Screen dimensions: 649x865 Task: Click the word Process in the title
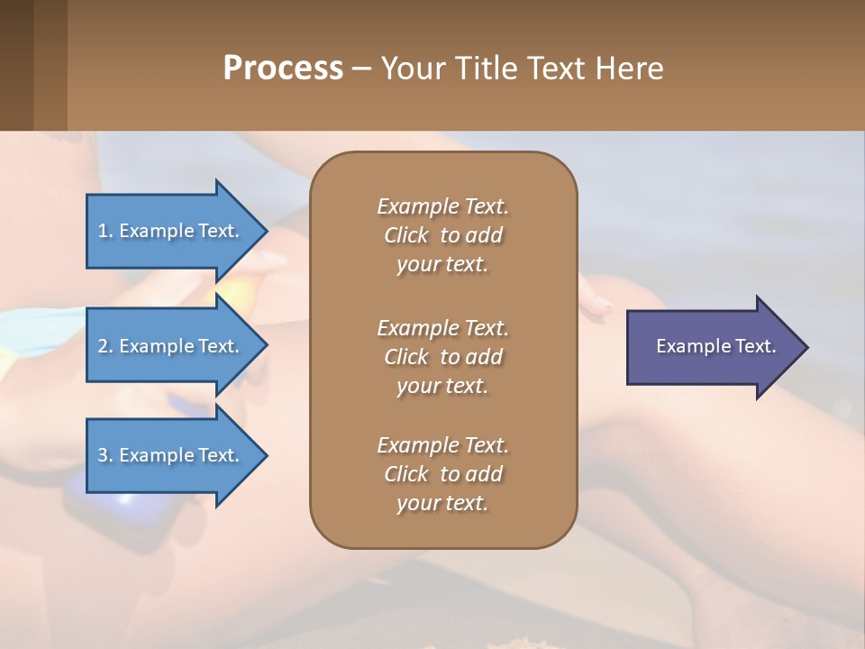point(283,69)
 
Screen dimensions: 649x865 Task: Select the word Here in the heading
point(629,69)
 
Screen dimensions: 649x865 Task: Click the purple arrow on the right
point(712,347)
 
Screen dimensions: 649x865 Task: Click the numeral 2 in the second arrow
point(103,346)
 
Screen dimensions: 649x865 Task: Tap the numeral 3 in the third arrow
point(103,455)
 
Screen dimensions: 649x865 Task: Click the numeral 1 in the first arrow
point(103,231)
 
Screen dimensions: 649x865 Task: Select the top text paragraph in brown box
point(442,235)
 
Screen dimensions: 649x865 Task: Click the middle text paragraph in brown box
point(442,356)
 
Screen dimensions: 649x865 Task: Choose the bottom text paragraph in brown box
point(442,474)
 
